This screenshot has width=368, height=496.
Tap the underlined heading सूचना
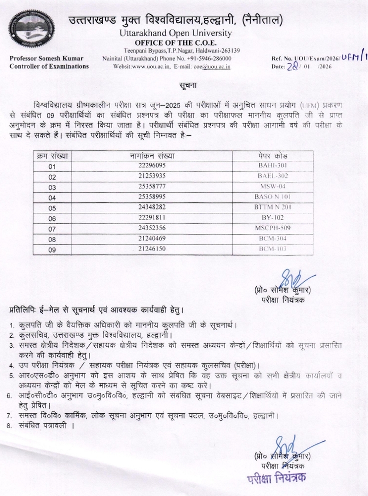pos(184,82)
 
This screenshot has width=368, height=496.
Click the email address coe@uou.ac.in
pos(214,66)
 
